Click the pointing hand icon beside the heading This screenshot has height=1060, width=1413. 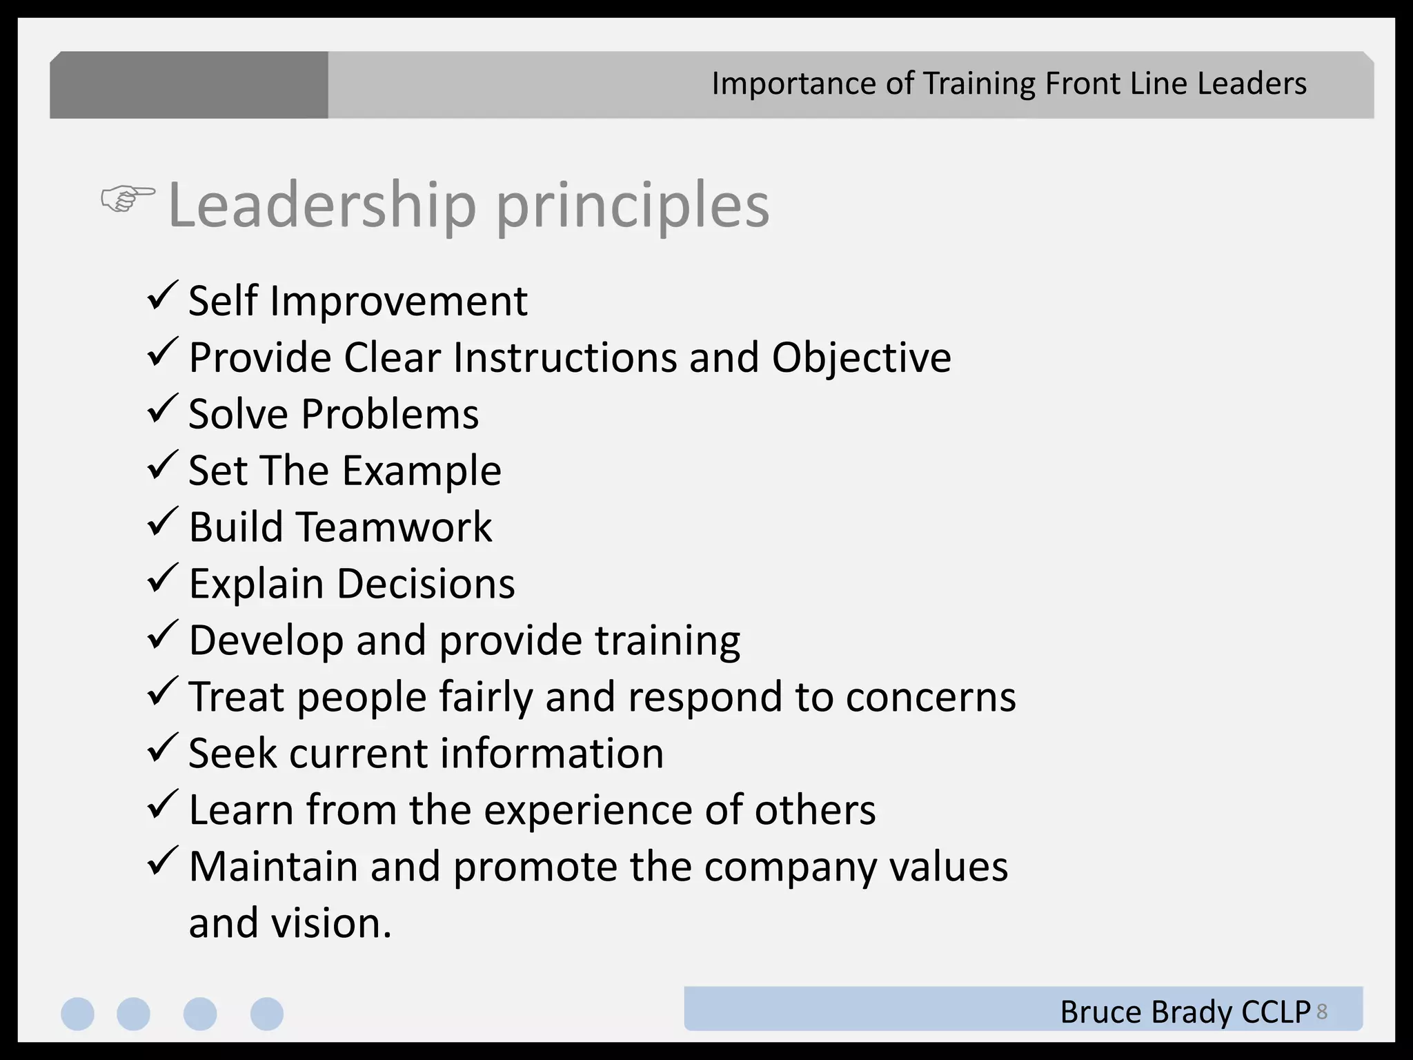[x=128, y=199]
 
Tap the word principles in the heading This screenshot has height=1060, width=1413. [x=632, y=206]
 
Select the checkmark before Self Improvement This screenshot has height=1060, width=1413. [x=163, y=296]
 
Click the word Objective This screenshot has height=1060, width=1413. [x=861, y=357]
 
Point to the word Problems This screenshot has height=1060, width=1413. [x=390, y=414]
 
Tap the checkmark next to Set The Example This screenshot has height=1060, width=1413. [x=163, y=466]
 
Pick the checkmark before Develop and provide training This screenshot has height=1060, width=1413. [x=163, y=636]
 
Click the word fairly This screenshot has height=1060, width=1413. [x=486, y=697]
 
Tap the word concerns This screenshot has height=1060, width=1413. [x=931, y=697]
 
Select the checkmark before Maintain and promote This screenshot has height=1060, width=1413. [x=163, y=862]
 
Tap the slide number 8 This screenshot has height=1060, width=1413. [x=1322, y=1012]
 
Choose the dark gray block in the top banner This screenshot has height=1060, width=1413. [x=189, y=85]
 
